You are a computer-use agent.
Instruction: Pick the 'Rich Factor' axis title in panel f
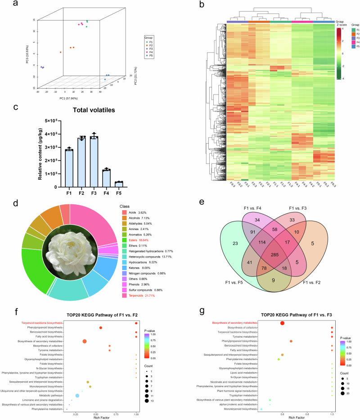[x=101, y=413]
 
